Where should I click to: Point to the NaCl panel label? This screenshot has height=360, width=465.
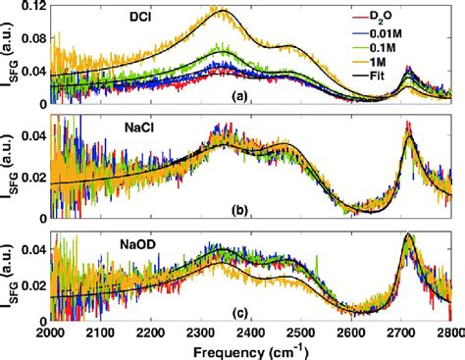[101, 130]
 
